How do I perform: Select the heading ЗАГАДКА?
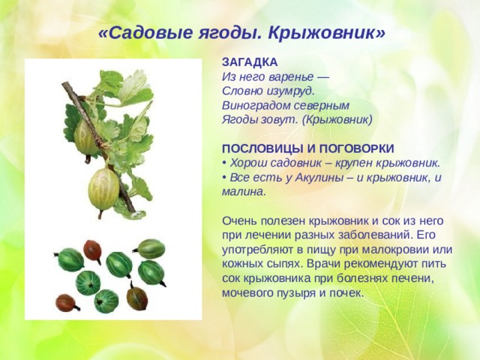tap(250, 62)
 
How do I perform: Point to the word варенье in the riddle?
tap(291, 76)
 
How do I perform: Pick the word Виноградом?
tap(256, 106)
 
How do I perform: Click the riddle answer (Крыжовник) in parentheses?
tap(337, 120)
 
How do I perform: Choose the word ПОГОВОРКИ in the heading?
tap(357, 148)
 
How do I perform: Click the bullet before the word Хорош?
tap(224, 163)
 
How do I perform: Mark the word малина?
tap(242, 192)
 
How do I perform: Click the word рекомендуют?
tap(379, 264)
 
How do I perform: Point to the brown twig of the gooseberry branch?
tap(98, 144)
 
